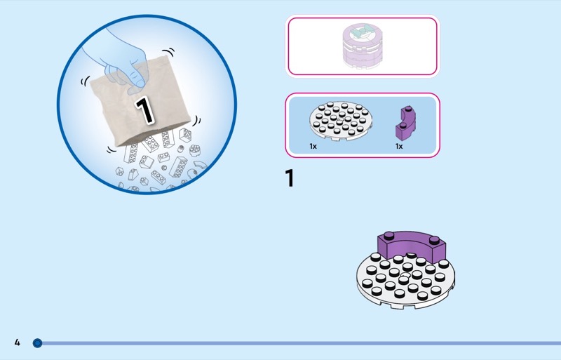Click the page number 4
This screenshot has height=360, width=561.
tap(18, 342)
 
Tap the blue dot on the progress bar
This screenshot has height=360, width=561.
tap(38, 343)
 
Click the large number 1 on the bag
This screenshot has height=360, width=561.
tap(144, 109)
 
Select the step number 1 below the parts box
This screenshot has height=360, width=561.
tap(290, 178)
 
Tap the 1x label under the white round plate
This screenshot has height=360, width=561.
tap(313, 147)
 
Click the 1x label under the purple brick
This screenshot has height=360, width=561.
tap(399, 147)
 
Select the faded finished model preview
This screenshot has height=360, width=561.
tap(361, 46)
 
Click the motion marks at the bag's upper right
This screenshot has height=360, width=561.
tap(168, 52)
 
